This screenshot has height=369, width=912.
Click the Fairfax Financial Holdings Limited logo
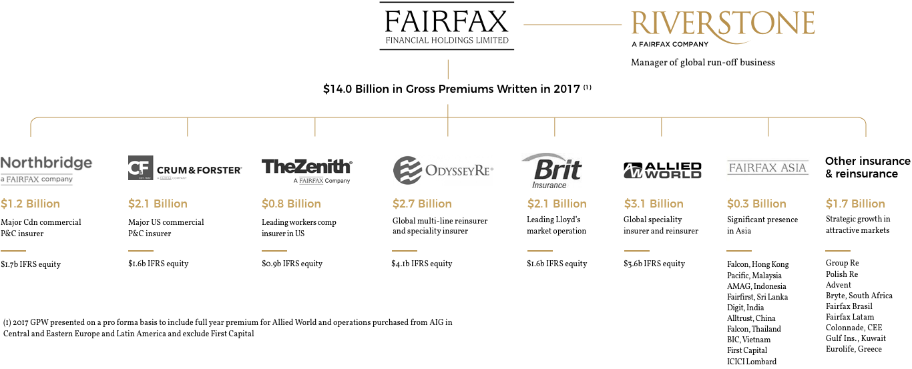447,26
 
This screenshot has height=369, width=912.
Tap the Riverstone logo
722,28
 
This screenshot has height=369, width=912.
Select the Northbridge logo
47,170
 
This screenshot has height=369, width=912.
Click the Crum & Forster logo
185,167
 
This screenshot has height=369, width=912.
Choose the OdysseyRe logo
443,170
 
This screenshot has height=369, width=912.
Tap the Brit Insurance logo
551,171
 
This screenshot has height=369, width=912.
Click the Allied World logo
662,170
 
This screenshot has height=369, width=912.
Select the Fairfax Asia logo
768,167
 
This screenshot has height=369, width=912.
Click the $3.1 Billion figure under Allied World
654,204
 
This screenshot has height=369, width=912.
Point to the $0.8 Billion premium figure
291,204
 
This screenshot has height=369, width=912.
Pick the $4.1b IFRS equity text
422,264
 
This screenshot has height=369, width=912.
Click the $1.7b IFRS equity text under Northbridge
31,264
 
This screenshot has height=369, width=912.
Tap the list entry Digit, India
746,308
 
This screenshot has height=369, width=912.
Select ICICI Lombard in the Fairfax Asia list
752,361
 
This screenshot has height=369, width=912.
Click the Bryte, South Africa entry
859,296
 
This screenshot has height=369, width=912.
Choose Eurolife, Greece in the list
854,349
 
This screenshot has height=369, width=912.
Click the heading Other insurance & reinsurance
868,167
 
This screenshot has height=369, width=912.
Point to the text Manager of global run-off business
703,62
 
